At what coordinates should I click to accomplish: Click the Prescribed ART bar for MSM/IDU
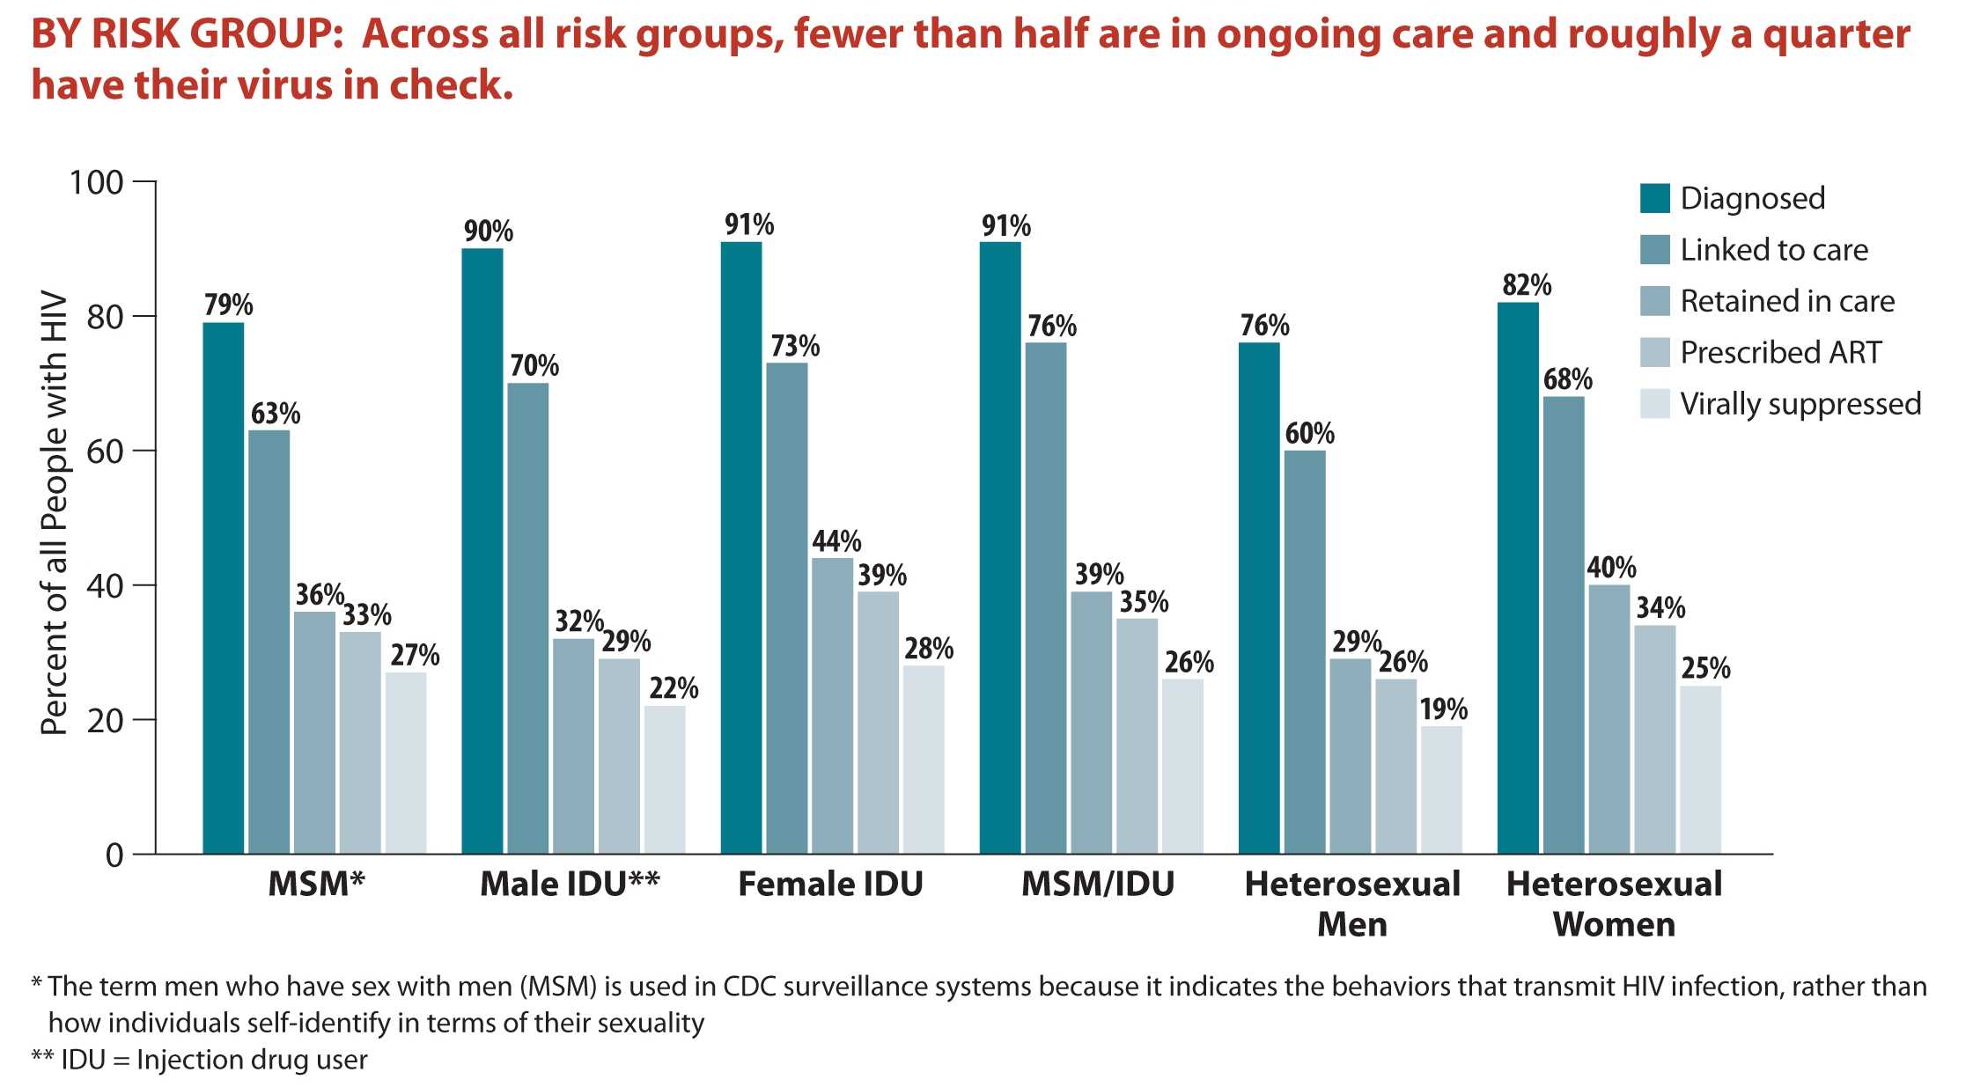1137,736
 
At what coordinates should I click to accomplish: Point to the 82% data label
1527,285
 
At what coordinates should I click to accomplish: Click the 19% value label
1443,709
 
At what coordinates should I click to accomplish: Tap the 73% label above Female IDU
795,346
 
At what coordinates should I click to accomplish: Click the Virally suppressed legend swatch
1655,404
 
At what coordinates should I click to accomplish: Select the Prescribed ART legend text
1780,353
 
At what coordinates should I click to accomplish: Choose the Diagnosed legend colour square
1655,198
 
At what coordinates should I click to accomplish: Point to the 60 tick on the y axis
104,452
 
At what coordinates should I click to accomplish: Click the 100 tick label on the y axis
96,183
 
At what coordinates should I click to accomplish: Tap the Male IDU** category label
570,884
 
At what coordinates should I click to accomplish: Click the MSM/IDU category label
1097,884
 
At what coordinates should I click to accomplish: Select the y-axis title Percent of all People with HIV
55,512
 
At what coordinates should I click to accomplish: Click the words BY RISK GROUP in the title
180,35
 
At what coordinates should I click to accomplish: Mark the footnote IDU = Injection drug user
200,1060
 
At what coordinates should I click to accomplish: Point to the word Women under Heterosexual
1613,924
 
